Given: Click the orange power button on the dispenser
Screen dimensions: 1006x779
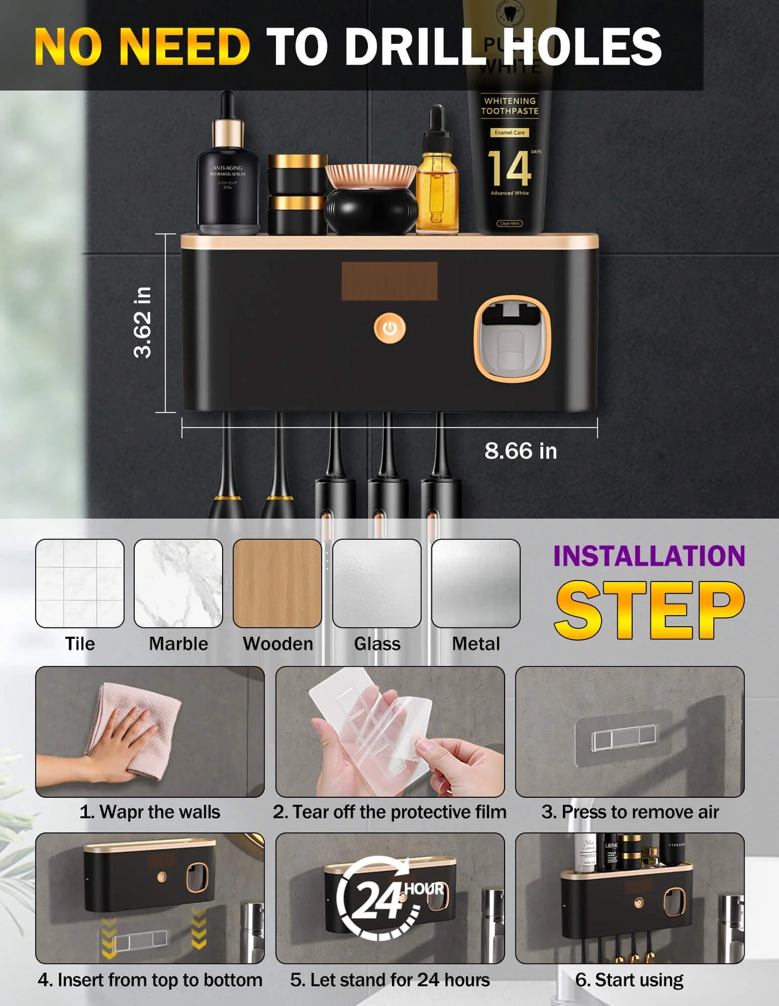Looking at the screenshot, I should [389, 328].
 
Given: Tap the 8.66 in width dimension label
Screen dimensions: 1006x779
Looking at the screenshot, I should [520, 451].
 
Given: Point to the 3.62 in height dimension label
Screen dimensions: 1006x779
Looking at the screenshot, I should [142, 323].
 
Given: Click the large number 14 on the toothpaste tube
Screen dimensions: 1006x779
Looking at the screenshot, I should [509, 168].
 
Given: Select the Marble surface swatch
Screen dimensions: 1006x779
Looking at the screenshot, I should [178, 583].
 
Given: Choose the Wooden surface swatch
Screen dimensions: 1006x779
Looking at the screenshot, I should [277, 583].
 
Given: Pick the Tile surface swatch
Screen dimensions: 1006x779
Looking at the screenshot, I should [80, 583].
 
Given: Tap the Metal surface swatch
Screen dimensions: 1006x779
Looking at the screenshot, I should [475, 583].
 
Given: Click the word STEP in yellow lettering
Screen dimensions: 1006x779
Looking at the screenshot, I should [649, 610].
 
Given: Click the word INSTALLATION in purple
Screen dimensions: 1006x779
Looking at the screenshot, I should [649, 556].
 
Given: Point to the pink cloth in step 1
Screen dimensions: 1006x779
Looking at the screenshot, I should [143, 726].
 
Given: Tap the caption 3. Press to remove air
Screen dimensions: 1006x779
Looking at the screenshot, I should [630, 812].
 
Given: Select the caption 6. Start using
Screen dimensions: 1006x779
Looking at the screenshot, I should [629, 980].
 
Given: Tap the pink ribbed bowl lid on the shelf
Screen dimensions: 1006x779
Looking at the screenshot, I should [371, 176].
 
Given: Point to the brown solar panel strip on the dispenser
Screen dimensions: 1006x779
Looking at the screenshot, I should [389, 281].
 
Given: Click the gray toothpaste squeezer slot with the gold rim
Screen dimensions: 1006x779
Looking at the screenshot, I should [512, 339].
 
